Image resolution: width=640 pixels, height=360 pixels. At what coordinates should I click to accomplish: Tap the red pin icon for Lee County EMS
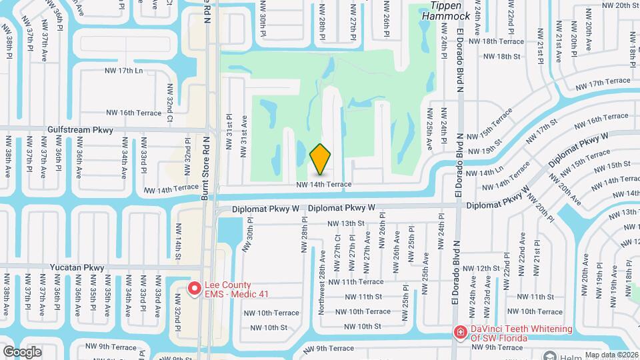click(195, 288)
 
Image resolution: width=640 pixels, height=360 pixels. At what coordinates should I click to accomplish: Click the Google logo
click(22, 351)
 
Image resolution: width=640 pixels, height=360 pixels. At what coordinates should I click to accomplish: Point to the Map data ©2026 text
click(613, 355)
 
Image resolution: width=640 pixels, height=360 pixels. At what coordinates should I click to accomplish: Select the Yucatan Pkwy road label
click(77, 267)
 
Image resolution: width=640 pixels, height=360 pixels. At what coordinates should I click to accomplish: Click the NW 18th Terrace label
click(507, 41)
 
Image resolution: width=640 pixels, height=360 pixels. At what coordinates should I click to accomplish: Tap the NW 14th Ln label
click(485, 173)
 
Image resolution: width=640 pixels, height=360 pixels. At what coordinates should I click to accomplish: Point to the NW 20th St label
click(615, 5)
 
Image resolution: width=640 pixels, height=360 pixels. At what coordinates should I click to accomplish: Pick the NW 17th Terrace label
click(603, 83)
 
